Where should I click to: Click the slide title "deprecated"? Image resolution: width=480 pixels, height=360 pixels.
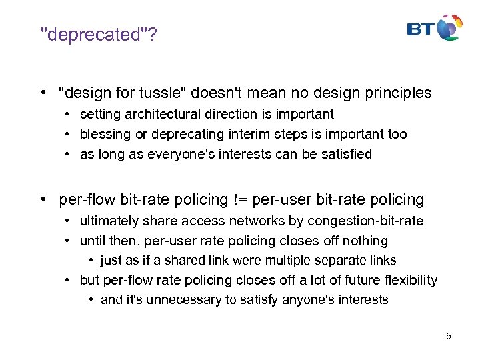click(x=99, y=35)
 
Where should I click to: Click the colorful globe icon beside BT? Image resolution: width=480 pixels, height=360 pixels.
click(x=449, y=27)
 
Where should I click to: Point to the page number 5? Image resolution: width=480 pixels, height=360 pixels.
click(x=449, y=336)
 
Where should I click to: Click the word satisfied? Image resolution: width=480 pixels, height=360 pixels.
click(x=345, y=155)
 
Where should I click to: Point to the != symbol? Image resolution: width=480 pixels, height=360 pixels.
click(x=241, y=199)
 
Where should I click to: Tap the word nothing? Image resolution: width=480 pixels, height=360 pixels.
click(x=364, y=241)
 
